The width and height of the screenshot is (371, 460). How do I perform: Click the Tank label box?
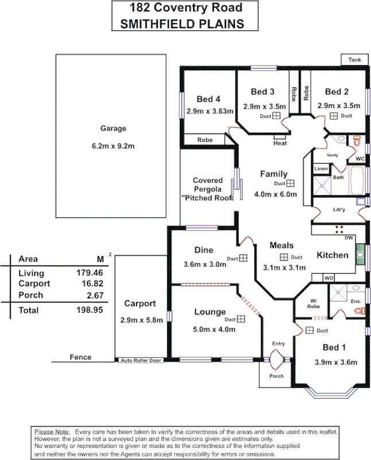coord(354,60)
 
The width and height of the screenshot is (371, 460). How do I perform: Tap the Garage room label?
coord(113,128)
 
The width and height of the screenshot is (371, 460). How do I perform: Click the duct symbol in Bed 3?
coord(276,116)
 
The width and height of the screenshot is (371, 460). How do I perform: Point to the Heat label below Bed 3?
coord(280,143)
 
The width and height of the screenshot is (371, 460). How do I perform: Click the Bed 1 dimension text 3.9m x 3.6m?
coord(336,362)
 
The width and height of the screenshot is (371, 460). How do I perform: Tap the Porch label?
coord(277,376)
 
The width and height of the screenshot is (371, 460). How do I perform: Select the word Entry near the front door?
coord(278,344)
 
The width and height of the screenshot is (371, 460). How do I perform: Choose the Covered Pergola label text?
coord(207,189)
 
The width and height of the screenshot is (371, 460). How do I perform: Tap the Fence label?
coord(80,357)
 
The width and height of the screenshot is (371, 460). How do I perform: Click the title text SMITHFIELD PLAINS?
coord(180,24)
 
